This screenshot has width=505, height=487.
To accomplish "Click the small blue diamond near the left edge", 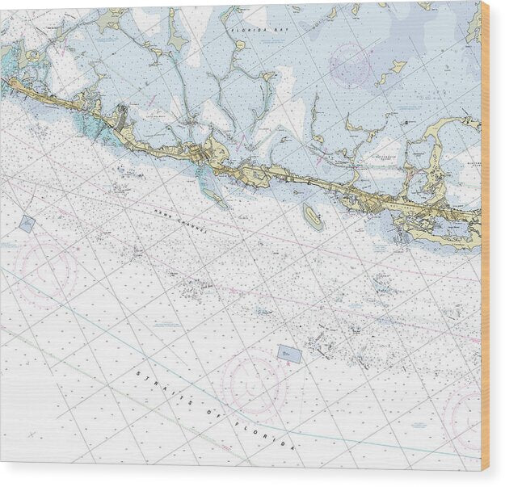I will [27, 224].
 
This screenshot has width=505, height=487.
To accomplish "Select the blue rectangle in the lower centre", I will [289, 354].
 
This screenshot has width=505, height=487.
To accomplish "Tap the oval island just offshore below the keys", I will [312, 216].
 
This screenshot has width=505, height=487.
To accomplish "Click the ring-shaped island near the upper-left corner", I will [32, 56].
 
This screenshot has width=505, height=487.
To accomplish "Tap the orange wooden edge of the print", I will [485, 242].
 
